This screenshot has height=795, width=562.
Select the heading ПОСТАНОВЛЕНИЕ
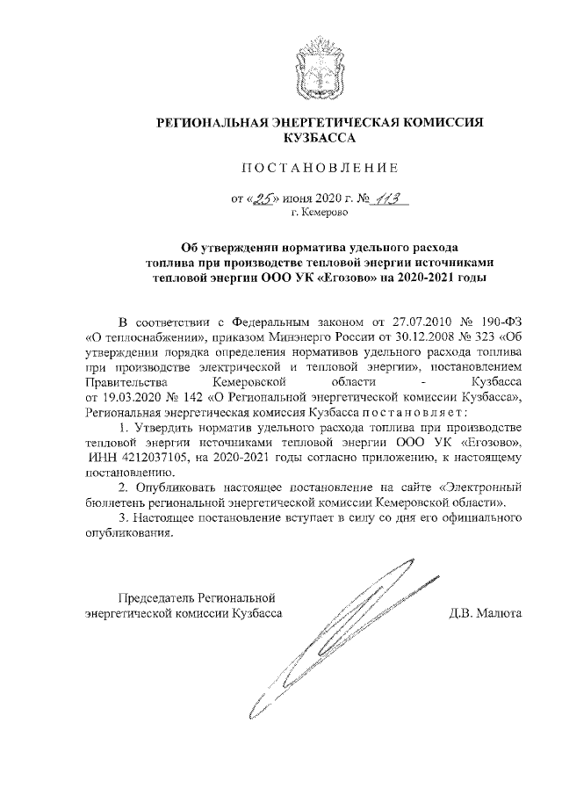[319, 168]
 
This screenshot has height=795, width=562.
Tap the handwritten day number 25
[260, 199]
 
